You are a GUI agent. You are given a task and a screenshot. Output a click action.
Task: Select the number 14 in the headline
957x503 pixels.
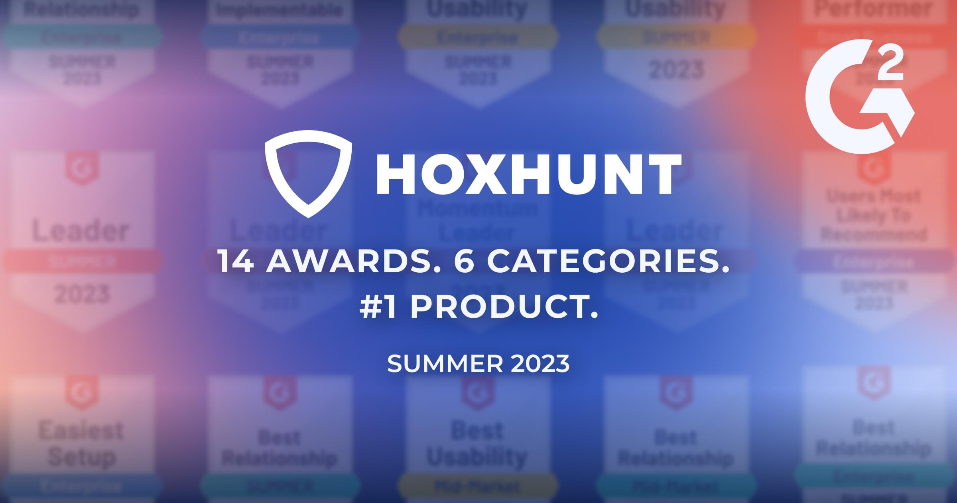236,262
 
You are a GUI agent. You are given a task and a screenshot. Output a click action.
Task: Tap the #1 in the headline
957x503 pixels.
378,308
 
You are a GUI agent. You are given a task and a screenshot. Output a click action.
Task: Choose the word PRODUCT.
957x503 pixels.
504,308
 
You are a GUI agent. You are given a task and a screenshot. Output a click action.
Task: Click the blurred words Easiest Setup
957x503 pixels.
81,444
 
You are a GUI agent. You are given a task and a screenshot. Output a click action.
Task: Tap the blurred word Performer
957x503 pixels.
873,9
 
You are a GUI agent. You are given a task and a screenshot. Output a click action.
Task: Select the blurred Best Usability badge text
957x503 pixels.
477,444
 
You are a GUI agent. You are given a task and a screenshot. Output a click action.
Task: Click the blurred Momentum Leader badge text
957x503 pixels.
477,220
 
